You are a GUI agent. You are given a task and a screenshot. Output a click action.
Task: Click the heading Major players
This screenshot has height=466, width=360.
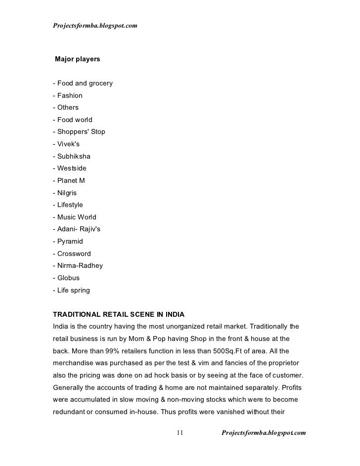pyautogui.click(x=78, y=59)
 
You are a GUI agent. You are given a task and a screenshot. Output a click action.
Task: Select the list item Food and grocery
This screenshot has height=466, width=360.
pyautogui.click(x=83, y=83)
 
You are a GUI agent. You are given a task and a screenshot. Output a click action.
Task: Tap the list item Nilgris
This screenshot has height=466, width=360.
pyautogui.click(x=67, y=193)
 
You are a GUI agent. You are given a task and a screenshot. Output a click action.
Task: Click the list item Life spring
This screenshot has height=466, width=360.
pyautogui.click(x=71, y=290)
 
